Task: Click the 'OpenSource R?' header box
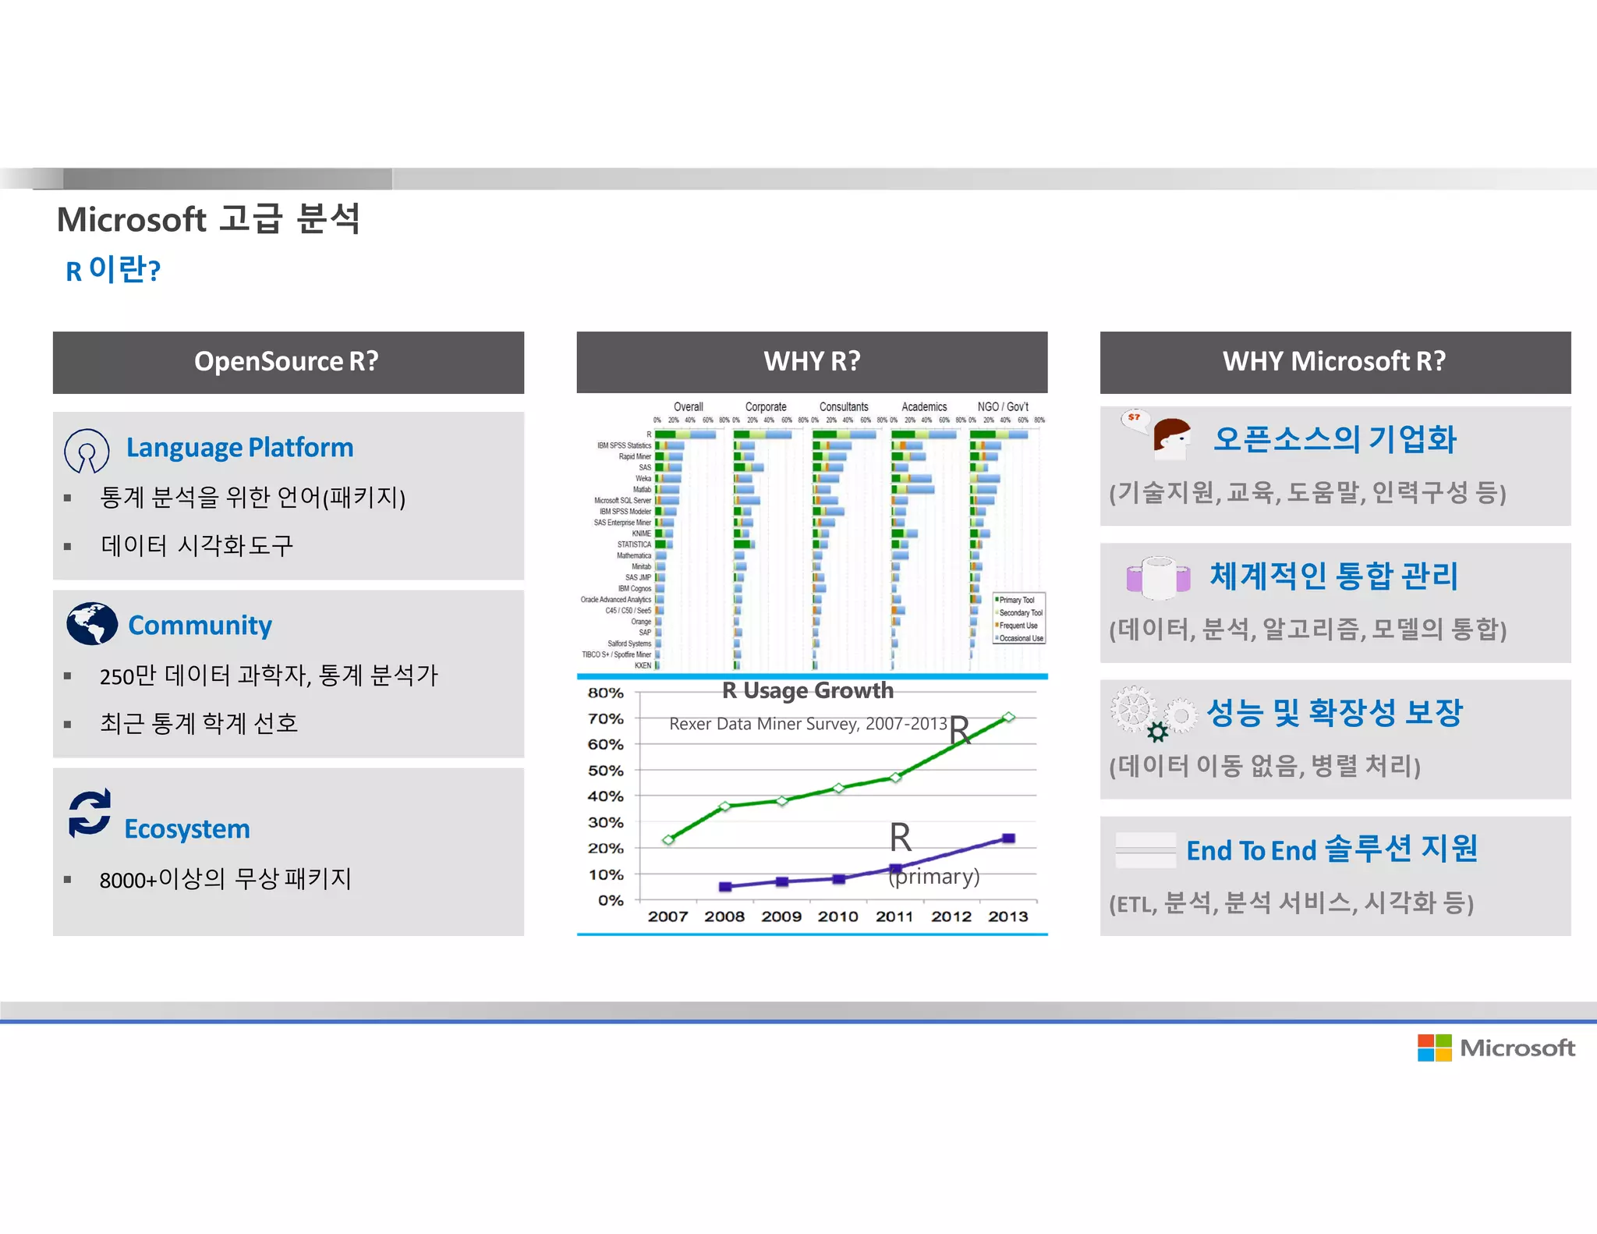(288, 362)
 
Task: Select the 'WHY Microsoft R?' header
(1334, 362)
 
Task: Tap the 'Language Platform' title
(239, 448)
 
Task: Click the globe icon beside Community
(91, 623)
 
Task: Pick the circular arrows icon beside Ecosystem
(90, 813)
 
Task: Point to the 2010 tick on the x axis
(837, 917)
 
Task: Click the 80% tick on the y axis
(606, 693)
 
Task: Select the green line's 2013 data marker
(1008, 717)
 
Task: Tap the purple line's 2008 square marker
(725, 886)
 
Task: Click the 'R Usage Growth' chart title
(807, 691)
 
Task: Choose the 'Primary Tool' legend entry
(1017, 600)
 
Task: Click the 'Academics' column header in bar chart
(924, 407)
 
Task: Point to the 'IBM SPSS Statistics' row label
(624, 445)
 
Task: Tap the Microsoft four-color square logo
(1434, 1048)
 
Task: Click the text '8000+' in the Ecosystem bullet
(128, 881)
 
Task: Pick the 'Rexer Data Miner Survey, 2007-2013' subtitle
(808, 724)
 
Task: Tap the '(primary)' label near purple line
(934, 877)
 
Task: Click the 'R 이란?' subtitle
(113, 270)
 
